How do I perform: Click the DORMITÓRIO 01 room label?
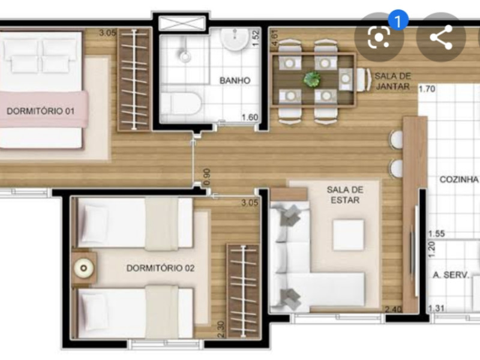[40, 110]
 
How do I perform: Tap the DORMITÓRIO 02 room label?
[160, 268]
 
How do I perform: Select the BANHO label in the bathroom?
[234, 80]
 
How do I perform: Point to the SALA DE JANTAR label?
[392, 81]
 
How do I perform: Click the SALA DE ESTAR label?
[344, 194]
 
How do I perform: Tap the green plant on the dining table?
[312, 79]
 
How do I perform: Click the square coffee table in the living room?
[348, 235]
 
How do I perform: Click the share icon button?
[441, 37]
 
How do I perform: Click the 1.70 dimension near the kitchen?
[427, 89]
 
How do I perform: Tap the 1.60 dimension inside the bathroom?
[250, 118]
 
